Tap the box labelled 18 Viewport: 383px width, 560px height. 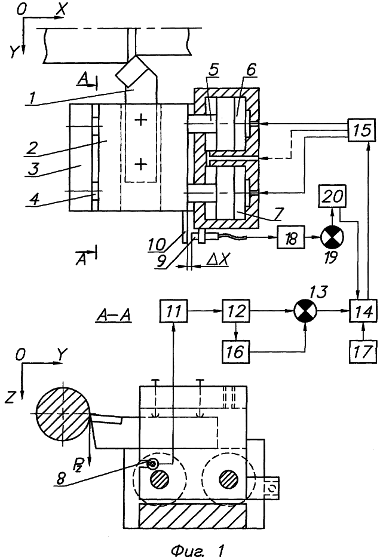[289, 238]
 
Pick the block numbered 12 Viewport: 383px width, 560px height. [235, 311]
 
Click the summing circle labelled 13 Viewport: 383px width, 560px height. [305, 311]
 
